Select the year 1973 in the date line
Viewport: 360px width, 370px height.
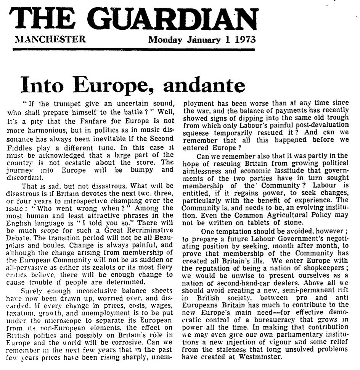pyautogui.click(x=244, y=39)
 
